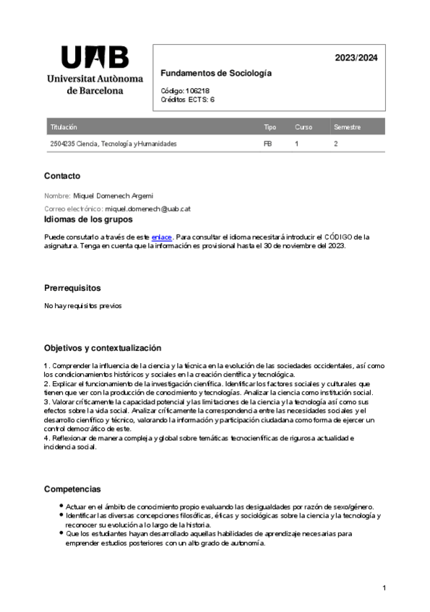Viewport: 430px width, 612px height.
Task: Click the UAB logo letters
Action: tap(95, 57)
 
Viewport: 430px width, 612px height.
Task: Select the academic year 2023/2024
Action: tap(356, 58)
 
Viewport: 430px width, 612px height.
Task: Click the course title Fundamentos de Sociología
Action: tap(215, 74)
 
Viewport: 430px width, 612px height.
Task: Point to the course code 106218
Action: tap(197, 91)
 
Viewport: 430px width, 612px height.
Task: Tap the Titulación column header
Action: tap(64, 127)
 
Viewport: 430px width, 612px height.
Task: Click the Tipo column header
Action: tap(270, 127)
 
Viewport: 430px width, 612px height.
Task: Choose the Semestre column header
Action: tap(347, 127)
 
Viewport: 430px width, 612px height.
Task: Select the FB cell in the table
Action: tap(267, 144)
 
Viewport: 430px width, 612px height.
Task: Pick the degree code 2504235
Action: tap(62, 144)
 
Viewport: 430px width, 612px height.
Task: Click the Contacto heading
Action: tap(62, 176)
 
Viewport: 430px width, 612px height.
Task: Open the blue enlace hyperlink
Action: tap(161, 237)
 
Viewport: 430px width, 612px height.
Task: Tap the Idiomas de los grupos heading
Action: tap(88, 219)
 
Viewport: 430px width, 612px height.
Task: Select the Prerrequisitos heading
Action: tap(72, 288)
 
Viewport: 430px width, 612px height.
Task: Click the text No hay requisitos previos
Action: tap(83, 306)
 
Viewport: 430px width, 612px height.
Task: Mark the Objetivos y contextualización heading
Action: tap(103, 348)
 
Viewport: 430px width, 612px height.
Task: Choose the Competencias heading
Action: tap(72, 489)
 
